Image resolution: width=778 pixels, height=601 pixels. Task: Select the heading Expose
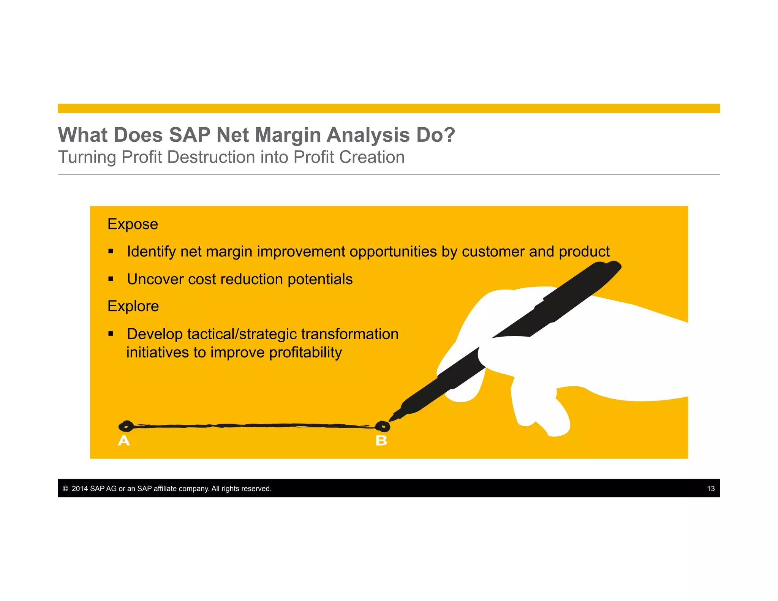pos(133,224)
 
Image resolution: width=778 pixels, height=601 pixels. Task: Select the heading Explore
pos(133,306)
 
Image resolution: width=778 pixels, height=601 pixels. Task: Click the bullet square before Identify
pos(111,251)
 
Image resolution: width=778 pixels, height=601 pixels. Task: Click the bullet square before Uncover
pos(111,279)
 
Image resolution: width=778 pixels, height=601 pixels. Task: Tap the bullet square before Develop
pos(111,334)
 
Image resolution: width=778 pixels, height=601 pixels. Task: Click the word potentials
pos(320,279)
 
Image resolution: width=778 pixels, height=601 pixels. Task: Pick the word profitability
pos(305,353)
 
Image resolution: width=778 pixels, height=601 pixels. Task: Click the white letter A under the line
pos(124,441)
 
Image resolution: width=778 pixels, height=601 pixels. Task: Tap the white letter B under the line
pos(381,441)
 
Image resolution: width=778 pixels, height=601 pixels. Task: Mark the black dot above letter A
pos(126,426)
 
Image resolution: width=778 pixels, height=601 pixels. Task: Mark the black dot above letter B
pos(383,427)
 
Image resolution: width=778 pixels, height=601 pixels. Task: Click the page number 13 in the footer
pos(711,489)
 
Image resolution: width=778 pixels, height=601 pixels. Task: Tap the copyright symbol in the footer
pos(65,489)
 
